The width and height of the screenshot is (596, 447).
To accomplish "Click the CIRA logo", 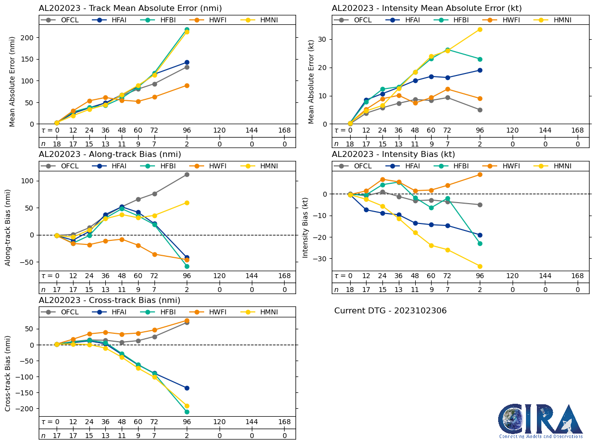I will pos(540,421).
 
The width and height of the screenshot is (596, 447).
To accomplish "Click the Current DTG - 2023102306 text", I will pos(390,311).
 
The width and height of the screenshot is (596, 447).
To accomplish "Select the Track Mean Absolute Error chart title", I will pos(130,8).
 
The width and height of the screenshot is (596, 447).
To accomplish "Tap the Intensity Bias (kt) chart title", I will pos(393,154).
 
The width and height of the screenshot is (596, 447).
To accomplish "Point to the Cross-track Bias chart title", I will pos(109,300).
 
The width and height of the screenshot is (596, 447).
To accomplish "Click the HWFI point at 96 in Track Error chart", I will pos(187,85).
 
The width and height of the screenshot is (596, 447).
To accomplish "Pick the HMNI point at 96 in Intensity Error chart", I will pos(480,29).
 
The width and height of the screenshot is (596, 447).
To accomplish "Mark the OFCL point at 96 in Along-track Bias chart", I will pos(187,174).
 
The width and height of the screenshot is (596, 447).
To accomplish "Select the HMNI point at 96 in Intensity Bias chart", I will pos(480,266).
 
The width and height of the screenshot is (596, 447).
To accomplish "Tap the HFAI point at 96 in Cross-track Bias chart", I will pos(187,388).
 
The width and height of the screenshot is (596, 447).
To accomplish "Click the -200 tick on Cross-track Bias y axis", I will pos(25,408).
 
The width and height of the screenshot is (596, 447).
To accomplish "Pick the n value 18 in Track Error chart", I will pos(57,144).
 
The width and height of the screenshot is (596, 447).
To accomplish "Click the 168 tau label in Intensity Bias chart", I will pos(577,276).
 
